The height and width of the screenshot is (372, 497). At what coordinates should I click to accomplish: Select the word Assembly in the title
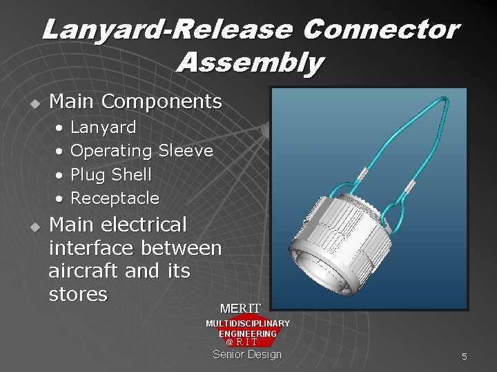coord(249,63)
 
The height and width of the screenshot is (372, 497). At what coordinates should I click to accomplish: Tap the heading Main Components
coord(136,102)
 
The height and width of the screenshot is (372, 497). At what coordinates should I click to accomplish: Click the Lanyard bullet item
coord(104,128)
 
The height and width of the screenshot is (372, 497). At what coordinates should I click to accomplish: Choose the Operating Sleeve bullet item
coord(142,150)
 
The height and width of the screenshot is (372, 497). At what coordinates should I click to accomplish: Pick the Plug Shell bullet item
coord(111,174)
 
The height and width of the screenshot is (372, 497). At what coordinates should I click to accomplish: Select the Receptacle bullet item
coord(115,198)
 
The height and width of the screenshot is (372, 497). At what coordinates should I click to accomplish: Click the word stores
coord(79,295)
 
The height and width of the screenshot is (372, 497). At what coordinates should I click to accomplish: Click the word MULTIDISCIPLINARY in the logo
coord(248,323)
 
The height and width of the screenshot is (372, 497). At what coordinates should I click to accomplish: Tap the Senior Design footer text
coord(247,354)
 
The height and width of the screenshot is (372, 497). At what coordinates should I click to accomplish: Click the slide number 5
coord(465,356)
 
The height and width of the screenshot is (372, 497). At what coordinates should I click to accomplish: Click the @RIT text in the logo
coord(242,342)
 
